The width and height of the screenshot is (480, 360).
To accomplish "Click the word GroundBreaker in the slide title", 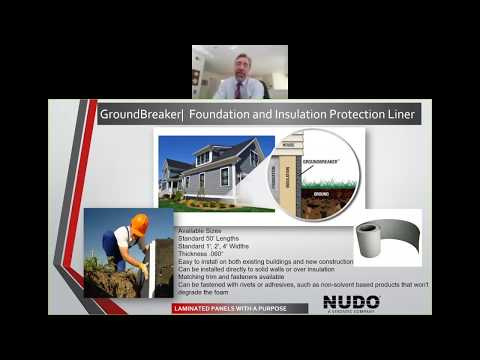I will pyautogui.click(x=135, y=114).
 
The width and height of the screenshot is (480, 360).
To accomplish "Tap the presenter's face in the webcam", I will pyautogui.click(x=241, y=66).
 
